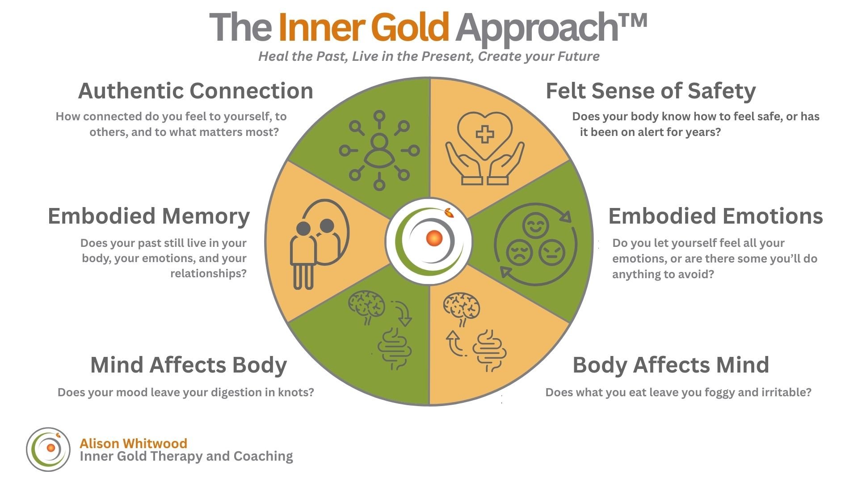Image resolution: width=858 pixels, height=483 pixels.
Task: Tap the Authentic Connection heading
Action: click(195, 91)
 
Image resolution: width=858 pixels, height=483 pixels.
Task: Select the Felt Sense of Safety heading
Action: click(650, 91)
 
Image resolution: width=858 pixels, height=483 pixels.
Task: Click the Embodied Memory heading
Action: click(148, 216)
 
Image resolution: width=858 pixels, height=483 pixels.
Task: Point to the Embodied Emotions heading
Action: click(715, 216)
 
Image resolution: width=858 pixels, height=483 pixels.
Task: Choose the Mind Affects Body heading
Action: click(188, 365)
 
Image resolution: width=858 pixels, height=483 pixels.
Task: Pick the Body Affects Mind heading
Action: click(670, 365)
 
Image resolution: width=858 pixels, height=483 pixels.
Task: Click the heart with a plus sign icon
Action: click(485, 134)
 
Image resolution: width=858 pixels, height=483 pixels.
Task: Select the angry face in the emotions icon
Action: click(552, 253)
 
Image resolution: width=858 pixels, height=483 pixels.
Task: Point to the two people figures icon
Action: click(315, 244)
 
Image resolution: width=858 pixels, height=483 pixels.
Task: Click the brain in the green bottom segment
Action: click(366, 306)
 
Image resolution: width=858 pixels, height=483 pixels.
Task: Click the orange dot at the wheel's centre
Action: click(434, 238)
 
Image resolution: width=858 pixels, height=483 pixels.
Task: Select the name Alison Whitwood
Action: click(133, 443)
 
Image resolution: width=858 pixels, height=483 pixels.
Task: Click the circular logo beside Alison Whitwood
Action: click(48, 449)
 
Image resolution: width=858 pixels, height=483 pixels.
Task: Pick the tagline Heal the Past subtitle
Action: click(429, 56)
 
